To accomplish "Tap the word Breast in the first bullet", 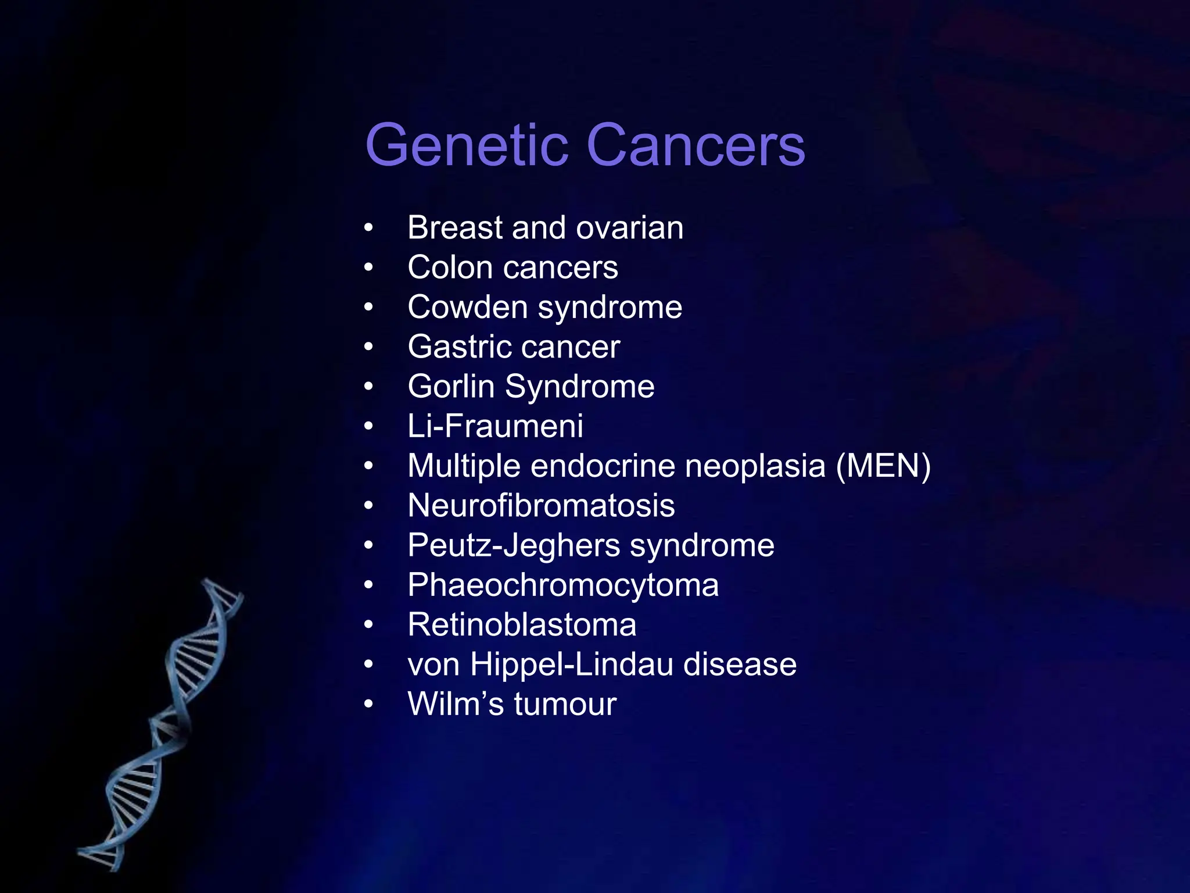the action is click(x=454, y=227).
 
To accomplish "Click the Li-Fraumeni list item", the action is click(x=495, y=426).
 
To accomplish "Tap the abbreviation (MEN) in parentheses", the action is click(x=883, y=466).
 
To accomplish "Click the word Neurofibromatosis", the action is click(x=541, y=506).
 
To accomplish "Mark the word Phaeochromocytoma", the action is click(x=562, y=585).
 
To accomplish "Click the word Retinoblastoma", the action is click(x=521, y=625).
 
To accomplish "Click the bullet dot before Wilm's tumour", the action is click(x=368, y=705).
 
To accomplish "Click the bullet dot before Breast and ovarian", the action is click(x=368, y=228).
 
